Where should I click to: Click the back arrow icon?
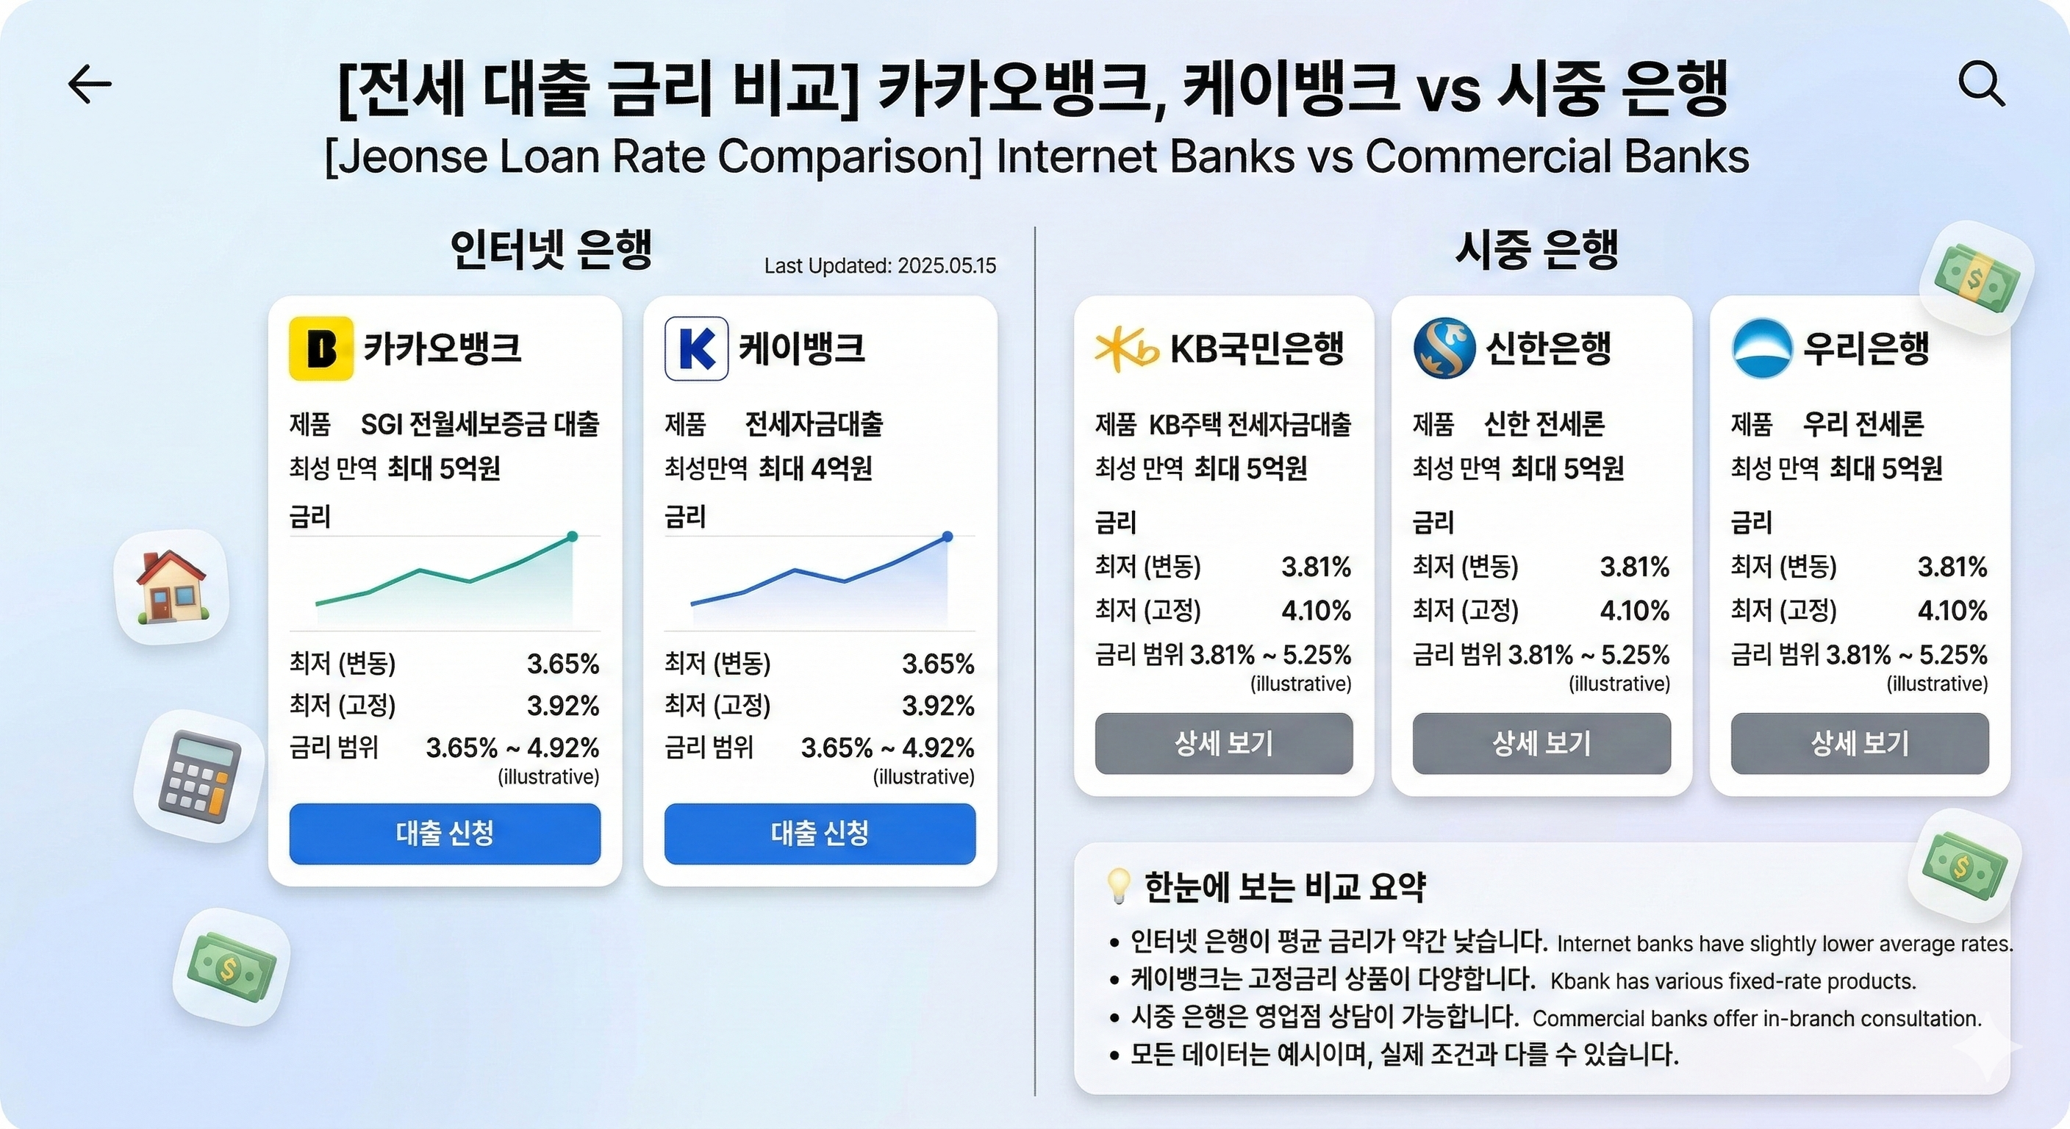tap(90, 85)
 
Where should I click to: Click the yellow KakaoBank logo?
tap(320, 348)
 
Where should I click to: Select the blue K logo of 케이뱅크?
tap(696, 348)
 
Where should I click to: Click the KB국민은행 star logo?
tap(1125, 348)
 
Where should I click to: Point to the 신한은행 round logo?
tap(1444, 348)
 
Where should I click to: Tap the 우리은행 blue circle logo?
tap(1761, 348)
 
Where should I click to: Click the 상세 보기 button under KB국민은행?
tap(1223, 743)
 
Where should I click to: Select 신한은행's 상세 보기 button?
tap(1541, 743)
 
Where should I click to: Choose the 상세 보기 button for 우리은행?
tap(1860, 743)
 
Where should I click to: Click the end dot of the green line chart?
tap(572, 536)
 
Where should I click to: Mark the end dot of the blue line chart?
tap(948, 536)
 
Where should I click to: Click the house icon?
tap(171, 587)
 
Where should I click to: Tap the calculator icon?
tap(199, 776)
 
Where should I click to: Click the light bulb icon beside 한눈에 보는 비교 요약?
tap(1118, 886)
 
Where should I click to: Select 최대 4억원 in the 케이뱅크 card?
tap(814, 467)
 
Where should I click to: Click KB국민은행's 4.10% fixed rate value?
tap(1316, 611)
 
